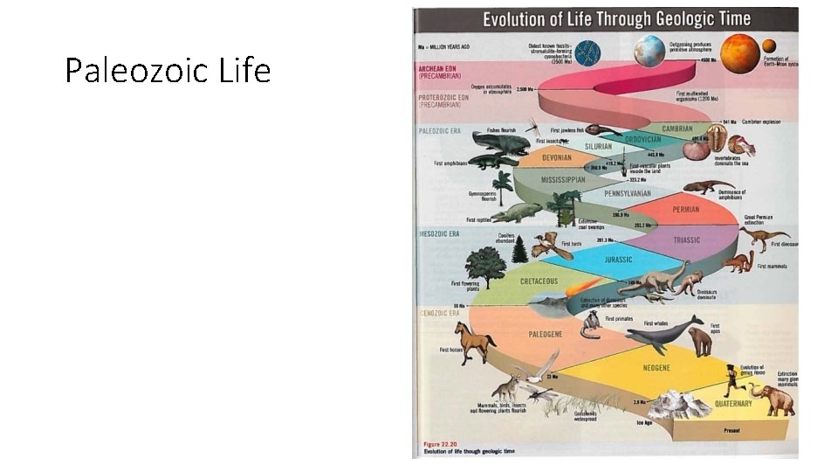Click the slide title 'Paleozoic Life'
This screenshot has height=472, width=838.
pos(168,71)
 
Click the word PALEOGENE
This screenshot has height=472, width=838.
pos(546,334)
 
